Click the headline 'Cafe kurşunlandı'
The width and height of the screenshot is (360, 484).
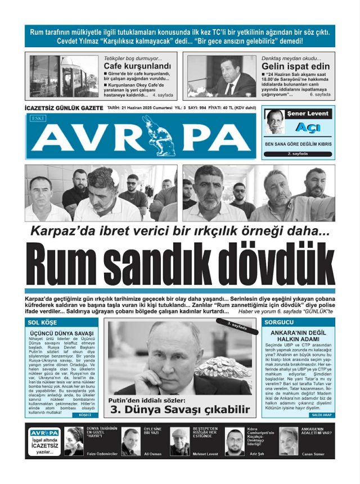(137, 66)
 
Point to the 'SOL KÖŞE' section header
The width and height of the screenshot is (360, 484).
(42, 322)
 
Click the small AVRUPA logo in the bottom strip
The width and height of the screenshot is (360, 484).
(44, 433)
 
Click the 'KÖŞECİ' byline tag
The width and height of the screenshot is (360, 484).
(85, 414)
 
